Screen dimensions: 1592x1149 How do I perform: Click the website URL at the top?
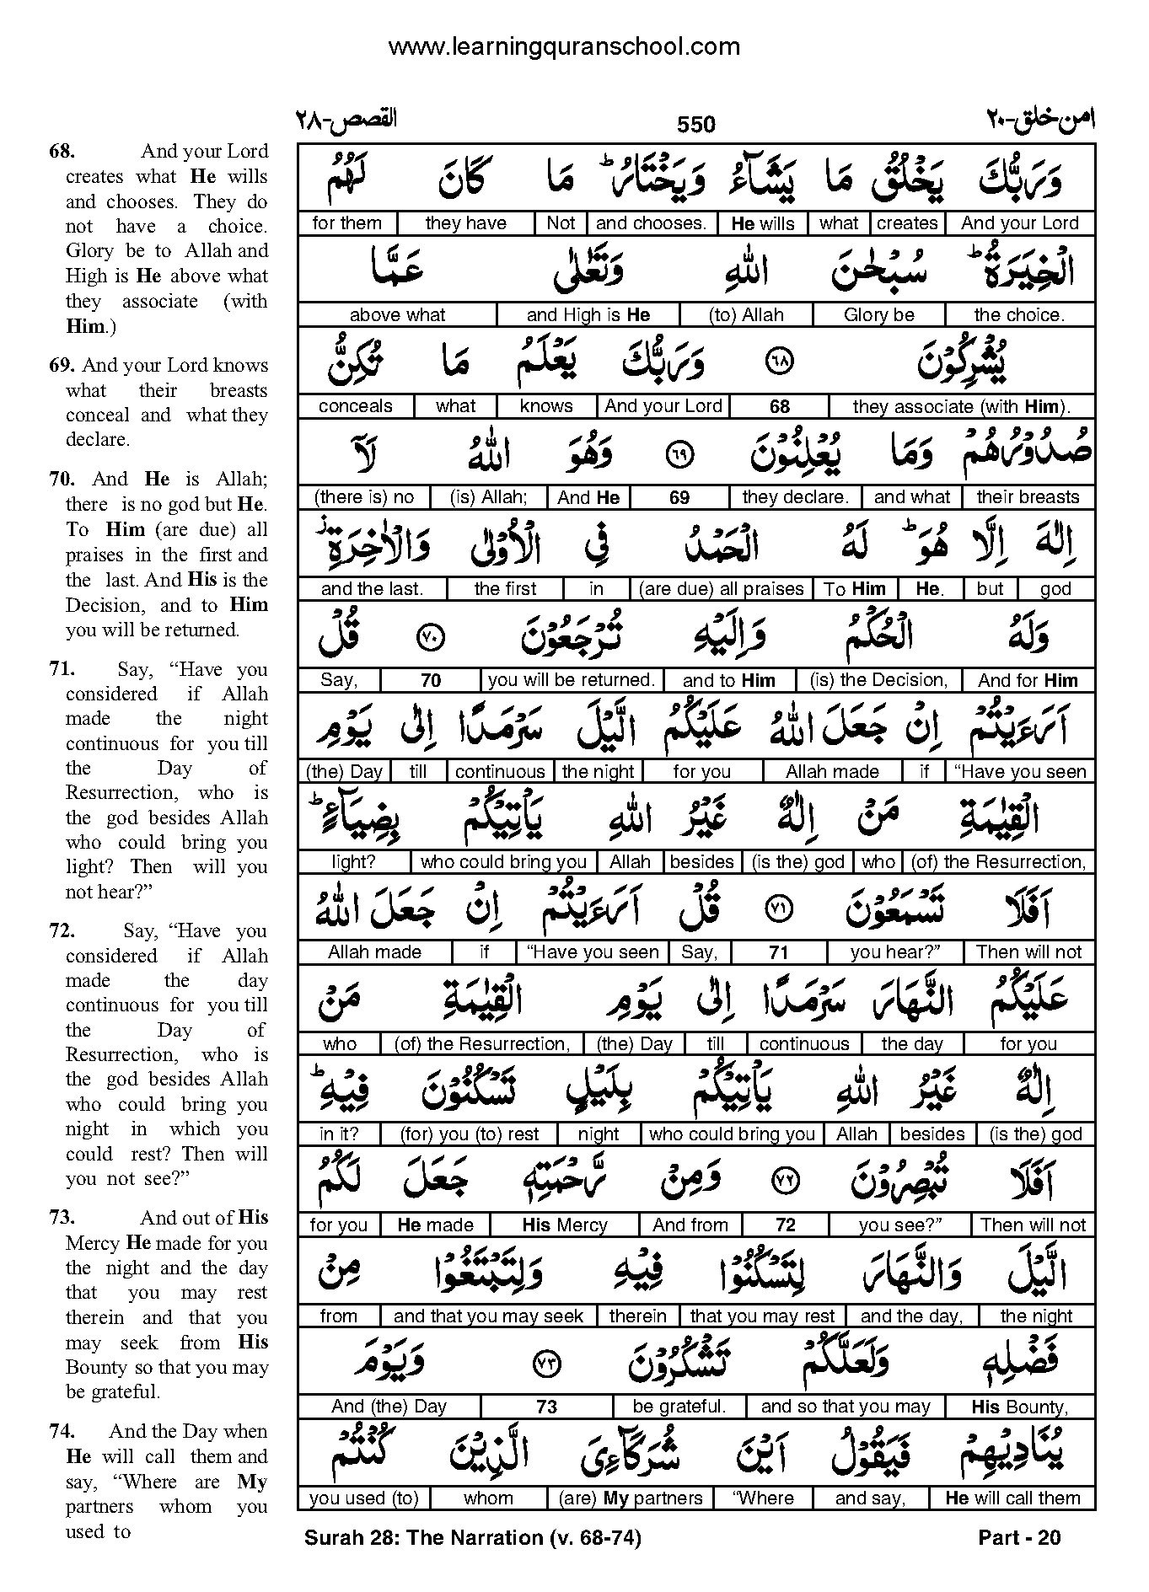pos(564,46)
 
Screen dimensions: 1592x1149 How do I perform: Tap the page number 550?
pos(695,125)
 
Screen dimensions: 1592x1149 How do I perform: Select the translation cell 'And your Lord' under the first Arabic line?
pos(1019,223)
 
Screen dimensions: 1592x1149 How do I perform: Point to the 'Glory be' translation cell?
pos(878,315)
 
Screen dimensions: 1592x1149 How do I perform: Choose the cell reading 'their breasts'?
pos(1028,497)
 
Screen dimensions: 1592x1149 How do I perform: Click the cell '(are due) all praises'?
pos(721,589)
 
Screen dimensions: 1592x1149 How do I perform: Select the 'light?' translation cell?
pos(353,862)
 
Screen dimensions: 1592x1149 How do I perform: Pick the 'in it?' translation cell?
pos(339,1134)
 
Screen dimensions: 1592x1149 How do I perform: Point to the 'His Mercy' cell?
pos(565,1225)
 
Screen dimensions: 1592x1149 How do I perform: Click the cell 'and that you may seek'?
pos(488,1316)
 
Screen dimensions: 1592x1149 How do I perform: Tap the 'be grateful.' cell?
pos(679,1407)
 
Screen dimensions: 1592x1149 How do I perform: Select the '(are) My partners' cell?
pos(631,1498)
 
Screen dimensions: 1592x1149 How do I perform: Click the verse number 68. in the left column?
pos(62,152)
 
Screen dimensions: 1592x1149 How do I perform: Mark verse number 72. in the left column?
pos(62,931)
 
